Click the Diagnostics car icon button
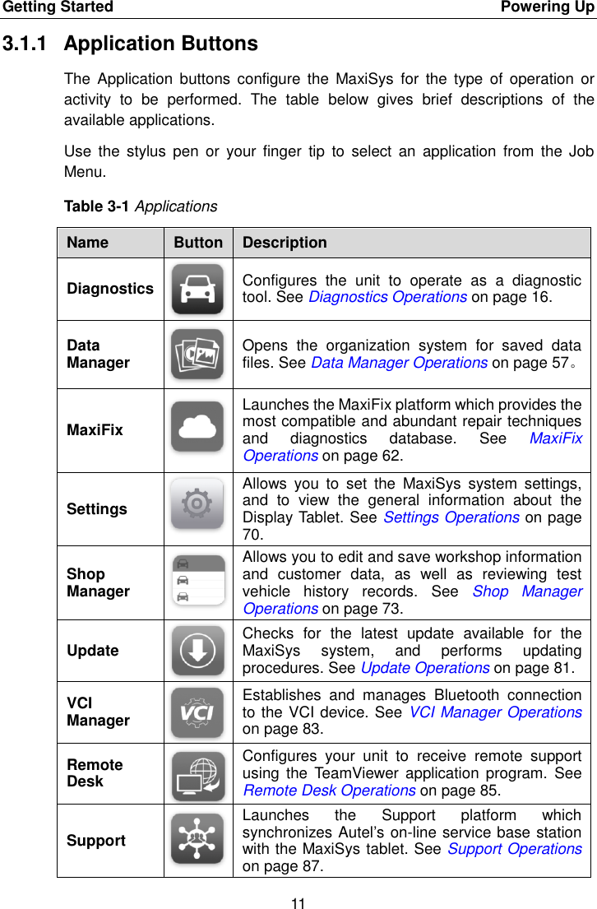pyautogui.click(x=197, y=289)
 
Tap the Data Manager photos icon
pyautogui.click(x=197, y=354)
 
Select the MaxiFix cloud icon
pyautogui.click(x=197, y=426)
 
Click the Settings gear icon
pyautogui.click(x=197, y=503)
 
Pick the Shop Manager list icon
pyautogui.click(x=197, y=579)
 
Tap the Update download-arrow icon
pyautogui.click(x=197, y=650)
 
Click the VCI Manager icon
pyautogui.click(x=197, y=712)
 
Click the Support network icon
pyautogui.click(x=197, y=839)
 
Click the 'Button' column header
pyautogui.click(x=198, y=243)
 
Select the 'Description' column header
pyautogui.click(x=285, y=243)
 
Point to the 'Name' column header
pyautogui.click(x=87, y=243)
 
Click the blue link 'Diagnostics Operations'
pyautogui.click(x=387, y=297)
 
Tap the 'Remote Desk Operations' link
pyautogui.click(x=329, y=791)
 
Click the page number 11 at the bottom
pyautogui.click(x=298, y=903)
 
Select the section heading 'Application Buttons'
pyautogui.click(x=160, y=44)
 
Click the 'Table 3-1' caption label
pyautogui.click(x=97, y=206)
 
